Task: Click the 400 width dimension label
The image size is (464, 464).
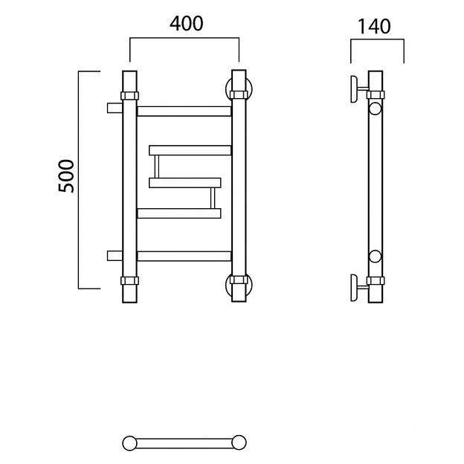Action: tap(187, 24)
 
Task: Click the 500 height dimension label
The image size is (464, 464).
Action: tap(66, 176)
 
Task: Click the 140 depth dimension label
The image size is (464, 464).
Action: tap(374, 26)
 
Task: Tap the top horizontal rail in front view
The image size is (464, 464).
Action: tap(184, 112)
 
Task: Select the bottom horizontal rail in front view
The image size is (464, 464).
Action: tap(184, 257)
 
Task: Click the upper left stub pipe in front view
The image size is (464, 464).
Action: tap(115, 108)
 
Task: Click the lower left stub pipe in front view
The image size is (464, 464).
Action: tap(115, 256)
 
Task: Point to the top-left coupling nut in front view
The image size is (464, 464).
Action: tap(129, 96)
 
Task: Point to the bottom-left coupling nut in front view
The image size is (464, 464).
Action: tap(129, 280)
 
